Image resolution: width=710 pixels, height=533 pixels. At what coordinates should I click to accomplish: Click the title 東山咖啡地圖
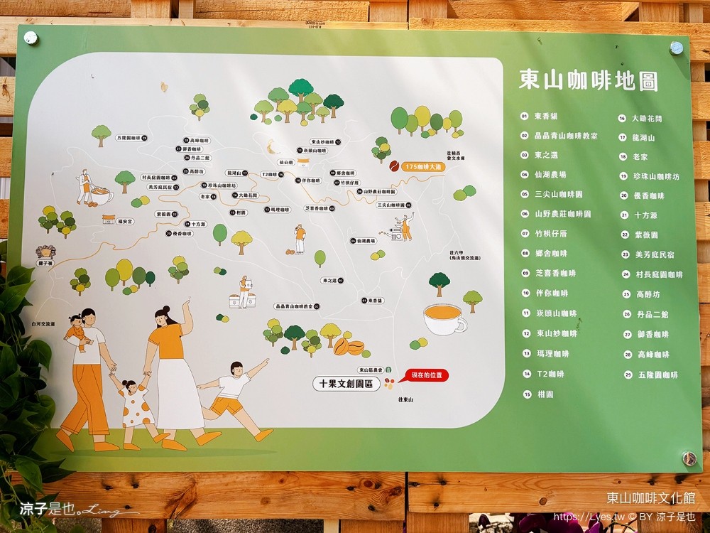[x=589, y=80]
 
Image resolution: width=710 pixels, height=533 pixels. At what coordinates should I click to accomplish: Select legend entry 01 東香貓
[x=547, y=116]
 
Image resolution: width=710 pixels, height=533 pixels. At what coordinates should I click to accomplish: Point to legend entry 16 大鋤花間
[x=646, y=118]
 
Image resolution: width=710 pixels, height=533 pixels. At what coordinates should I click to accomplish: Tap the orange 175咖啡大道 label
[x=423, y=166]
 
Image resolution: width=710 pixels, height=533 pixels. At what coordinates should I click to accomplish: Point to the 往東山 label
[x=405, y=400]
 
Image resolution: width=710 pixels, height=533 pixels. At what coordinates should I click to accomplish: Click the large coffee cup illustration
[x=444, y=319]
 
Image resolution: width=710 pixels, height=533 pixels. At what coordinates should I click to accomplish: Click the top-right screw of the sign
[x=676, y=48]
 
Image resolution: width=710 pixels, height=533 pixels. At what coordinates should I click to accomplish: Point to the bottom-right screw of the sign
[x=688, y=458]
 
